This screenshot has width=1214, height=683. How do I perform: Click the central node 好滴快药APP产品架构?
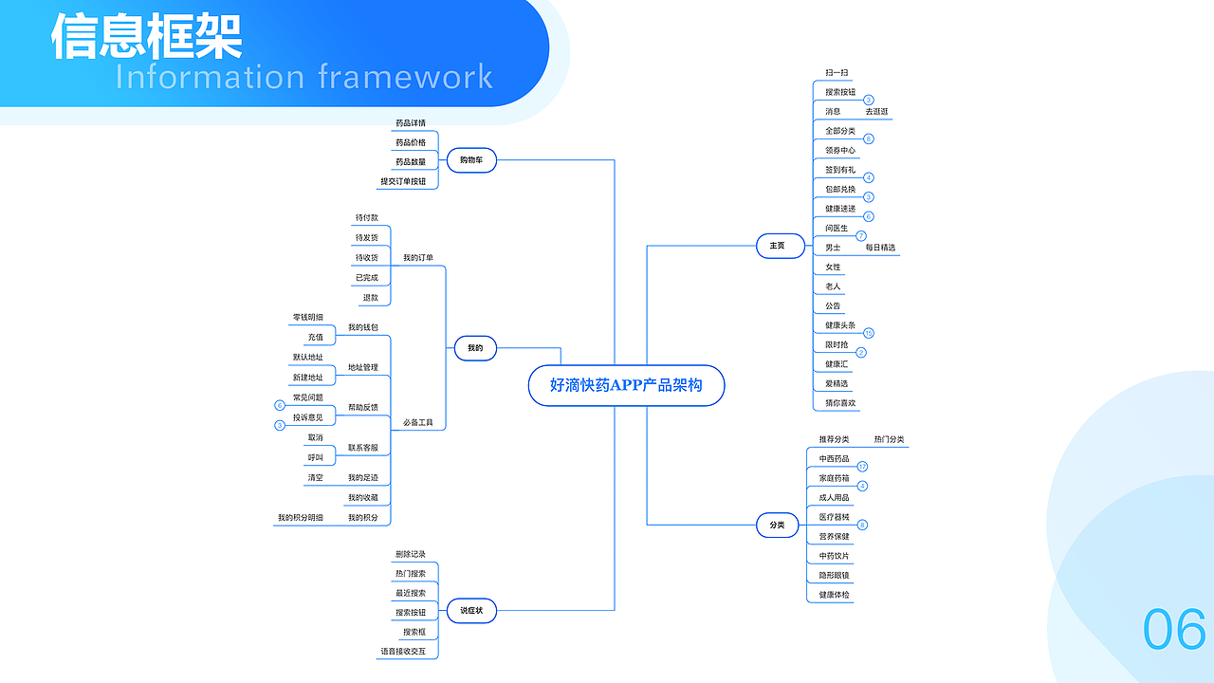pos(626,385)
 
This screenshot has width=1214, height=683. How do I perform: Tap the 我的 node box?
pos(475,348)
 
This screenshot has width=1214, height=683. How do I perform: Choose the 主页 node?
pos(777,246)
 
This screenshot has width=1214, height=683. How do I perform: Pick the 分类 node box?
pos(777,525)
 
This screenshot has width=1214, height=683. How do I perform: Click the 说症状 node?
pos(471,610)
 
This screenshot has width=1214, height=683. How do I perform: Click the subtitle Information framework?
pos(304,77)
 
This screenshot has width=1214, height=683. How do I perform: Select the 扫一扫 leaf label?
pos(837,72)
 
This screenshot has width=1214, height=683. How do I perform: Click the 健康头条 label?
pos(840,325)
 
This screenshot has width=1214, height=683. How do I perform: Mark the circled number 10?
pos(869,333)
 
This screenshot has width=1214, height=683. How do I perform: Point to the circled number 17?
pos(862,467)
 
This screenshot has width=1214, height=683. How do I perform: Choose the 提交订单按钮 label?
pos(403,181)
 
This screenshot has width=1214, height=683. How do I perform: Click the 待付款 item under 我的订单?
pos(367,218)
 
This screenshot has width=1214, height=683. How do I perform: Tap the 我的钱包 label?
pos(362,327)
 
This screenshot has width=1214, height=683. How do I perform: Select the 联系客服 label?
pos(362,448)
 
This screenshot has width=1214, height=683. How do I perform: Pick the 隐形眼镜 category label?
pos(835,576)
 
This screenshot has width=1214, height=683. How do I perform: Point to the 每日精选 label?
pos(880,248)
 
